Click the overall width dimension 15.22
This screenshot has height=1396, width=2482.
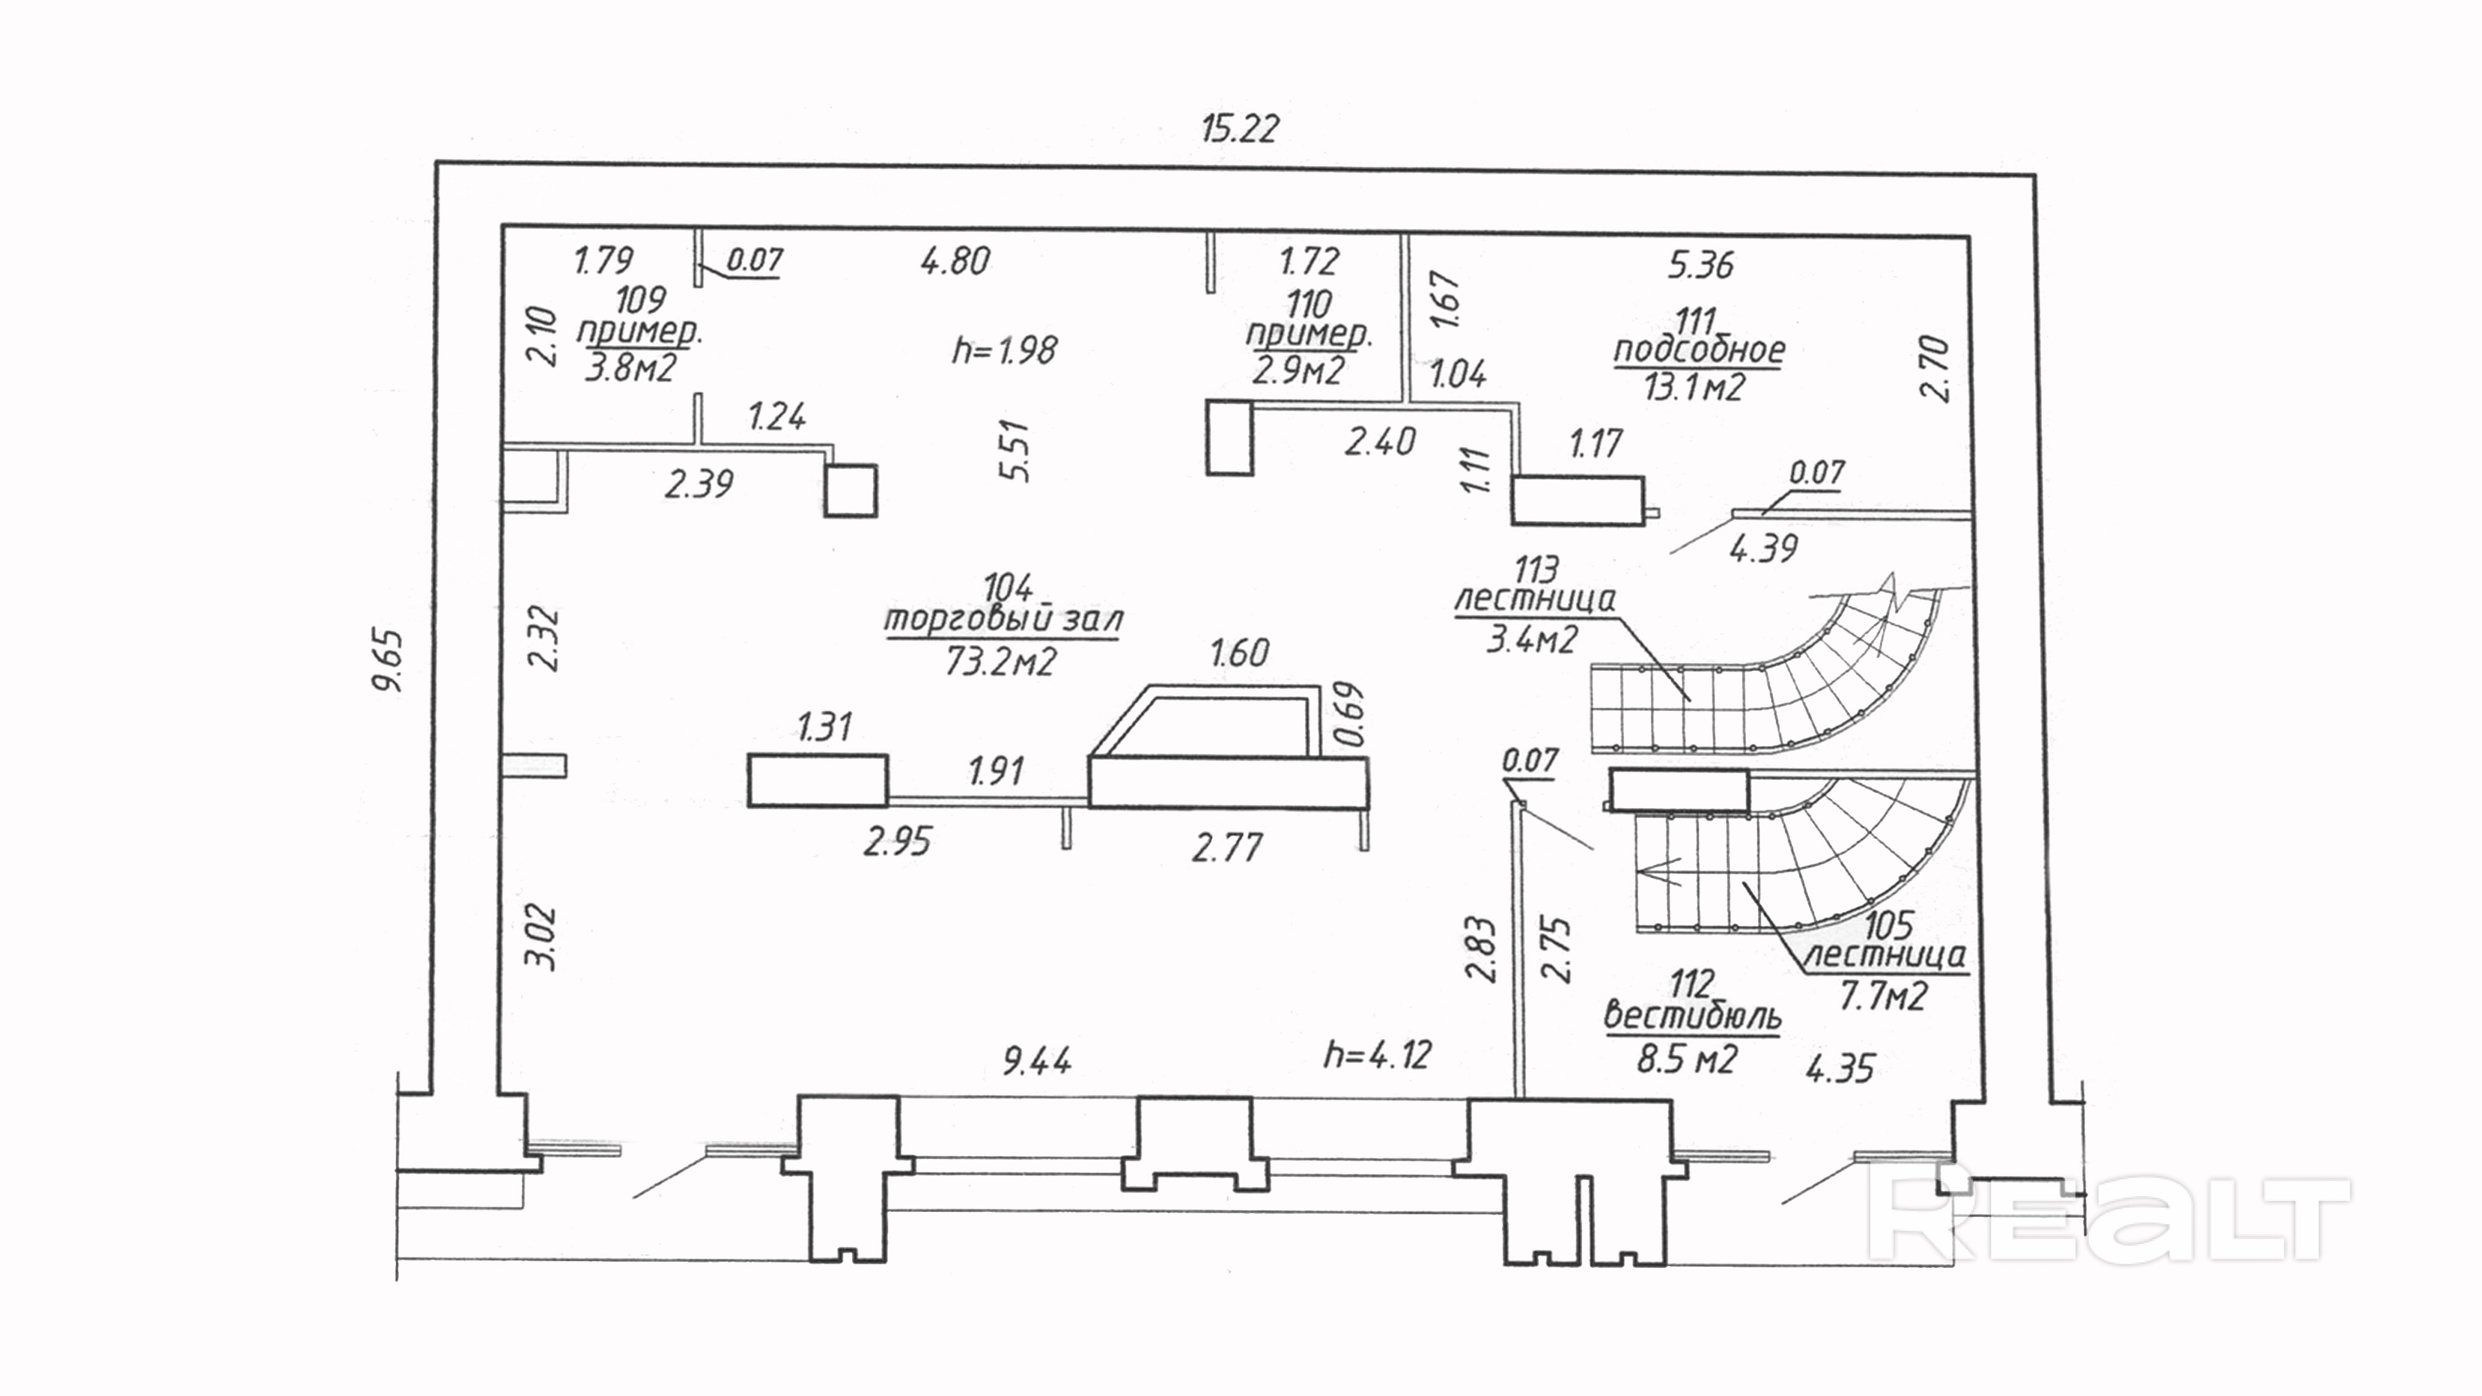click(x=1239, y=128)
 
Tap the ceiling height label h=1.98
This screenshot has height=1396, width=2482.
click(x=1004, y=350)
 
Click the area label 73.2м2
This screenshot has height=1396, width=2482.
click(x=1000, y=661)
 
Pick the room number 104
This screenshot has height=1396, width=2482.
click(x=1007, y=587)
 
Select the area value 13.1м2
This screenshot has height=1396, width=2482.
click(x=1694, y=387)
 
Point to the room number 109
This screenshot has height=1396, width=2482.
click(x=640, y=300)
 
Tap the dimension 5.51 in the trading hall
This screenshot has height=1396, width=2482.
click(x=1016, y=451)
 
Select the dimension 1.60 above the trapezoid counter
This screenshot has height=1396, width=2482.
click(x=1239, y=653)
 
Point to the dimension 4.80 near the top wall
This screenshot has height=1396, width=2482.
click(x=955, y=261)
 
